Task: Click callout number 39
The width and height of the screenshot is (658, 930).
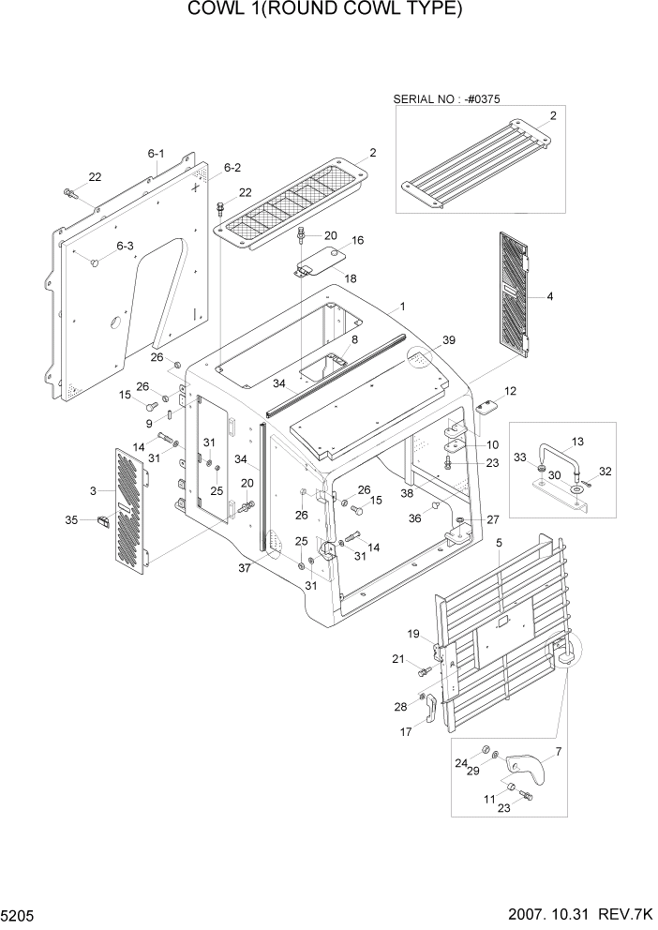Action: (x=448, y=340)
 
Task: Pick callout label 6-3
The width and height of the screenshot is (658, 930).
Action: (x=125, y=246)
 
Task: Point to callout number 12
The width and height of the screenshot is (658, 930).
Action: (x=510, y=391)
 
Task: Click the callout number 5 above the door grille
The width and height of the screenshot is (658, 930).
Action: (x=499, y=543)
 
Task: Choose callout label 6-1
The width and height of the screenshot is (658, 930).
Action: (x=156, y=154)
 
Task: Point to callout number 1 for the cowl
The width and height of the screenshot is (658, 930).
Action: (x=402, y=307)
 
